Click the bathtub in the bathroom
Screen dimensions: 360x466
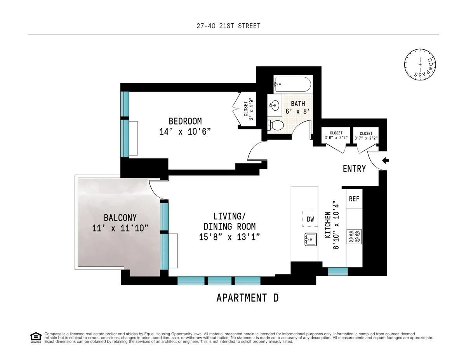tap(293, 83)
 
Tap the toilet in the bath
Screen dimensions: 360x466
tap(277, 125)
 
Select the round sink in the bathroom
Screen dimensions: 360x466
tap(275, 104)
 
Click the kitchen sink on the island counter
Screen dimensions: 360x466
tap(310, 239)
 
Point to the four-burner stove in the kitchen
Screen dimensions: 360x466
tap(354, 236)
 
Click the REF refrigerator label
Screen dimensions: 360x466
tap(354, 199)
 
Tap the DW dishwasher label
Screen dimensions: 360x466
tap(310, 219)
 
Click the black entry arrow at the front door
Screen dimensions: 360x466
tap(386, 160)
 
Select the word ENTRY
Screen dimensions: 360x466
tap(354, 169)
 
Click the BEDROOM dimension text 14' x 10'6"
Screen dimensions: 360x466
tap(185, 132)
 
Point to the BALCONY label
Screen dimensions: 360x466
tap(120, 218)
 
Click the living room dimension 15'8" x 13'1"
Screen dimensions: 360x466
tap(230, 237)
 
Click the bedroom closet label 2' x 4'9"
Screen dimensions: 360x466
tap(249, 109)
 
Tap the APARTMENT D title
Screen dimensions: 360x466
tap(247, 298)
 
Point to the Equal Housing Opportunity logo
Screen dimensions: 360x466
tap(35, 337)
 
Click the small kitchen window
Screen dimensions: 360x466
tap(338, 271)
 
